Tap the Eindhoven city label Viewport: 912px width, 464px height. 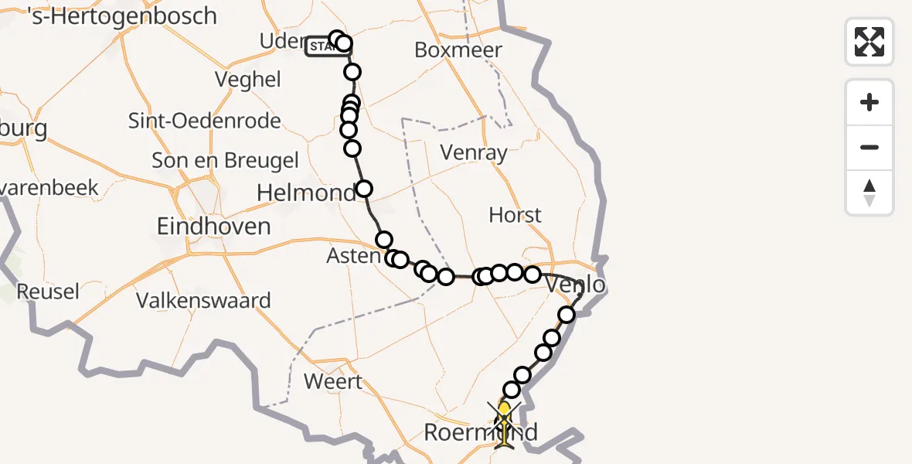click(x=213, y=227)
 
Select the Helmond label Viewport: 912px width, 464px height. click(x=306, y=193)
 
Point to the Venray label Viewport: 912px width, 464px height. click(x=474, y=152)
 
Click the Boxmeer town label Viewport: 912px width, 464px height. click(x=458, y=50)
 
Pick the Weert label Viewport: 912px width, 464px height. click(x=333, y=381)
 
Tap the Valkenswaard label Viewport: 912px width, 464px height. click(x=203, y=300)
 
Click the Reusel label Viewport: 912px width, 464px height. click(x=47, y=292)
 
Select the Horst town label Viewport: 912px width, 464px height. click(x=515, y=214)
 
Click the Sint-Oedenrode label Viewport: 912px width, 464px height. click(x=204, y=121)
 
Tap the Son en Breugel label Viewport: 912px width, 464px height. click(x=225, y=160)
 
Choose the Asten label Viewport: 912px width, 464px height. click(x=354, y=256)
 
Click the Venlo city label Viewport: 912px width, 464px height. click(x=575, y=285)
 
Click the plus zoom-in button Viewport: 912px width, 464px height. click(x=869, y=103)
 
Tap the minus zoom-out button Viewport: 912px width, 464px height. click(x=869, y=147)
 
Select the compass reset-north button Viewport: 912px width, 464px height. click(x=869, y=193)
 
